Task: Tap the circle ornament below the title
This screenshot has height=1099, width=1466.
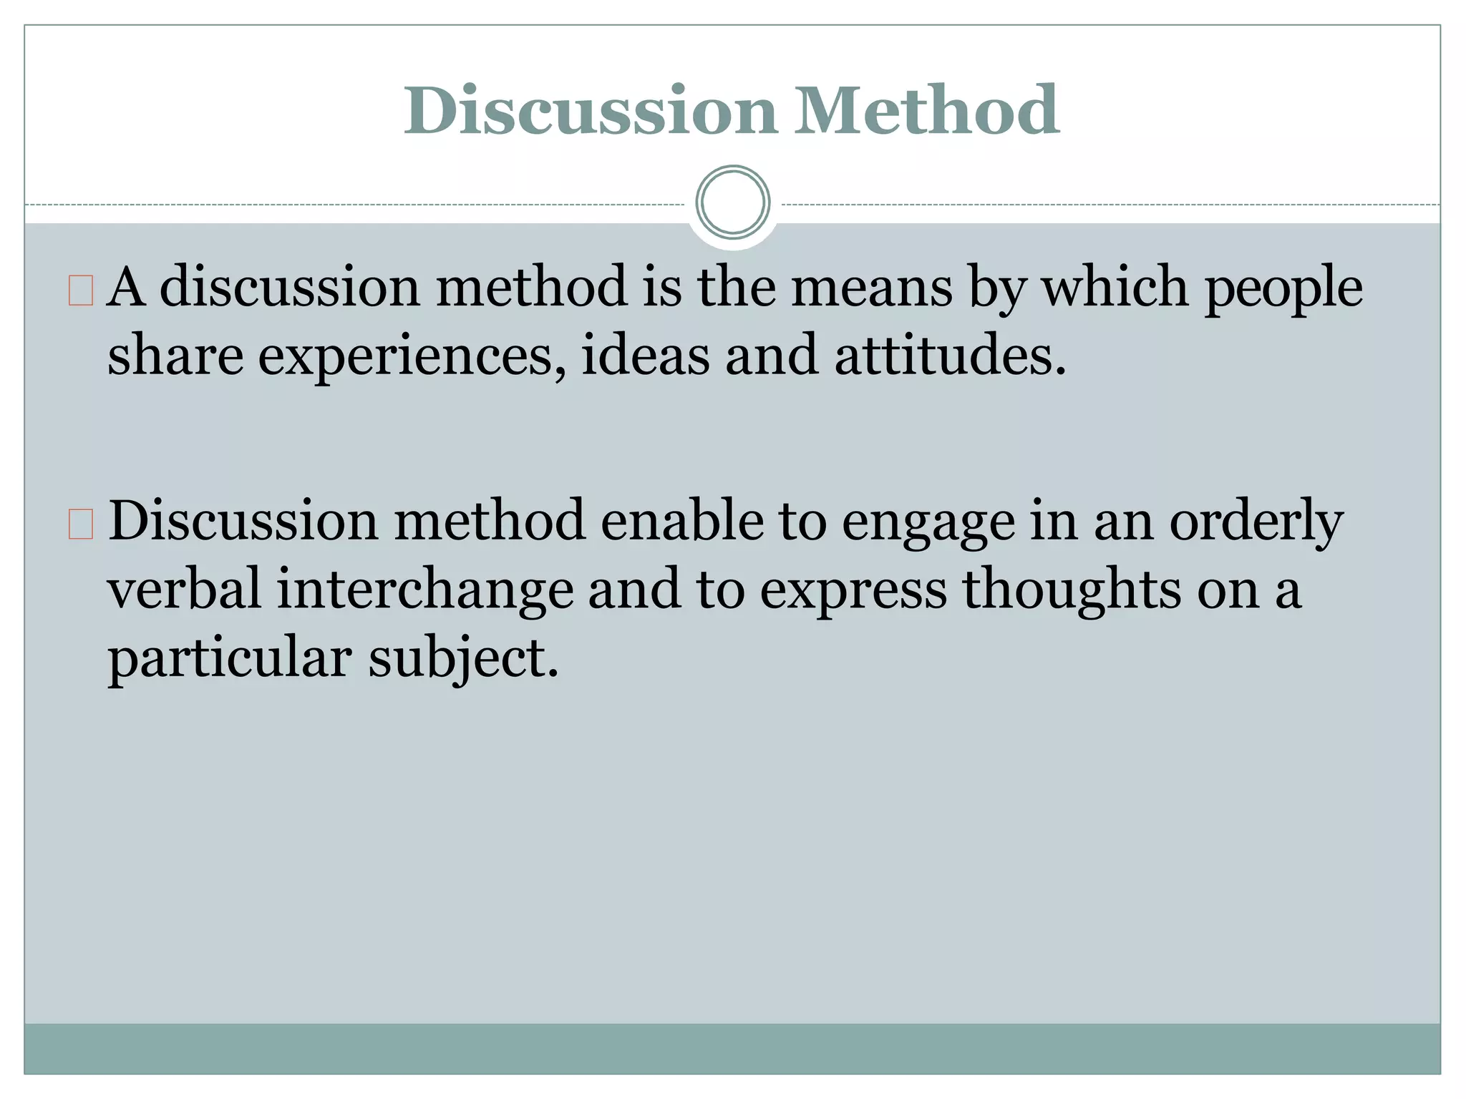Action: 732,202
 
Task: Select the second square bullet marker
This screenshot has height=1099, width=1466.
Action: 81,524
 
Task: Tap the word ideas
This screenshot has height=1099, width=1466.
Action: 646,356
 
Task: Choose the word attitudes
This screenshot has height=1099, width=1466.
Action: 950,356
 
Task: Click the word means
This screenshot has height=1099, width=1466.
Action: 871,288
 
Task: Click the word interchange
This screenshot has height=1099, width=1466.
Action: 425,591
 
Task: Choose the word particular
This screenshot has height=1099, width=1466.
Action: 230,659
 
